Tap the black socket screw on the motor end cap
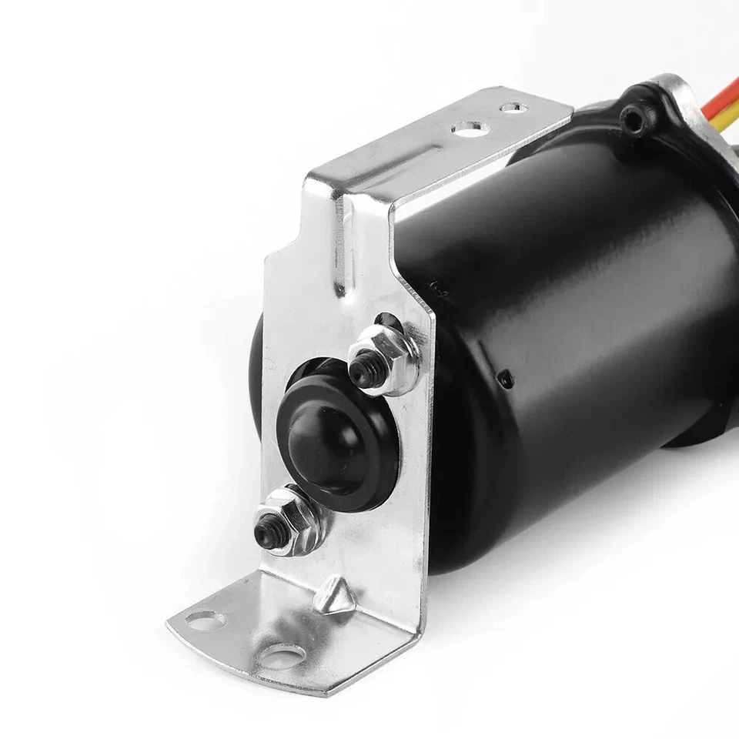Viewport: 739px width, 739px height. pyautogui.click(x=634, y=116)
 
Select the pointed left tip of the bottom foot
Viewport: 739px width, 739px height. pyautogui.click(x=170, y=619)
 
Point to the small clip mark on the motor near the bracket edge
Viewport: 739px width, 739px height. pyautogui.click(x=436, y=289)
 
